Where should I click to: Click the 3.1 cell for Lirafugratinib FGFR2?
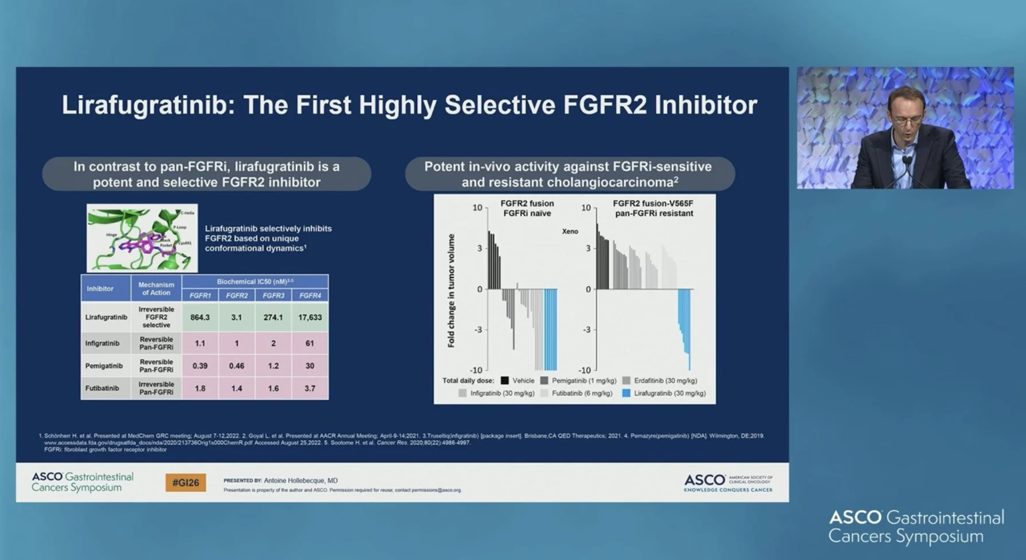236,317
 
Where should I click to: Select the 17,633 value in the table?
310,317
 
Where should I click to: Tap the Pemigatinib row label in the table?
104,366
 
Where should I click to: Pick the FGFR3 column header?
273,296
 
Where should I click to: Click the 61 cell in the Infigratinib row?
310,343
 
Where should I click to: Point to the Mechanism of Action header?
156,288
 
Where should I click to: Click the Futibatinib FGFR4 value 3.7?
310,388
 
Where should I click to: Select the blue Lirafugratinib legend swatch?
626,393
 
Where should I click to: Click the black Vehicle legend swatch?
504,381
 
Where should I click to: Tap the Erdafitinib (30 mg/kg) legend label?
665,381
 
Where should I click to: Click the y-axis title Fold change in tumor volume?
451,290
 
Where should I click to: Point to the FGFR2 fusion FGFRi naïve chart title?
527,208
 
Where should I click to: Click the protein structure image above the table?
142,238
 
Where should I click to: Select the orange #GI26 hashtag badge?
185,482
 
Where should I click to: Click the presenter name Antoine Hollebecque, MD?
301,480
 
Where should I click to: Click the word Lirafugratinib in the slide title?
148,105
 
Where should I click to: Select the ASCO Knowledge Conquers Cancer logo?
728,482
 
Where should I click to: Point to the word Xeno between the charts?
570,231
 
